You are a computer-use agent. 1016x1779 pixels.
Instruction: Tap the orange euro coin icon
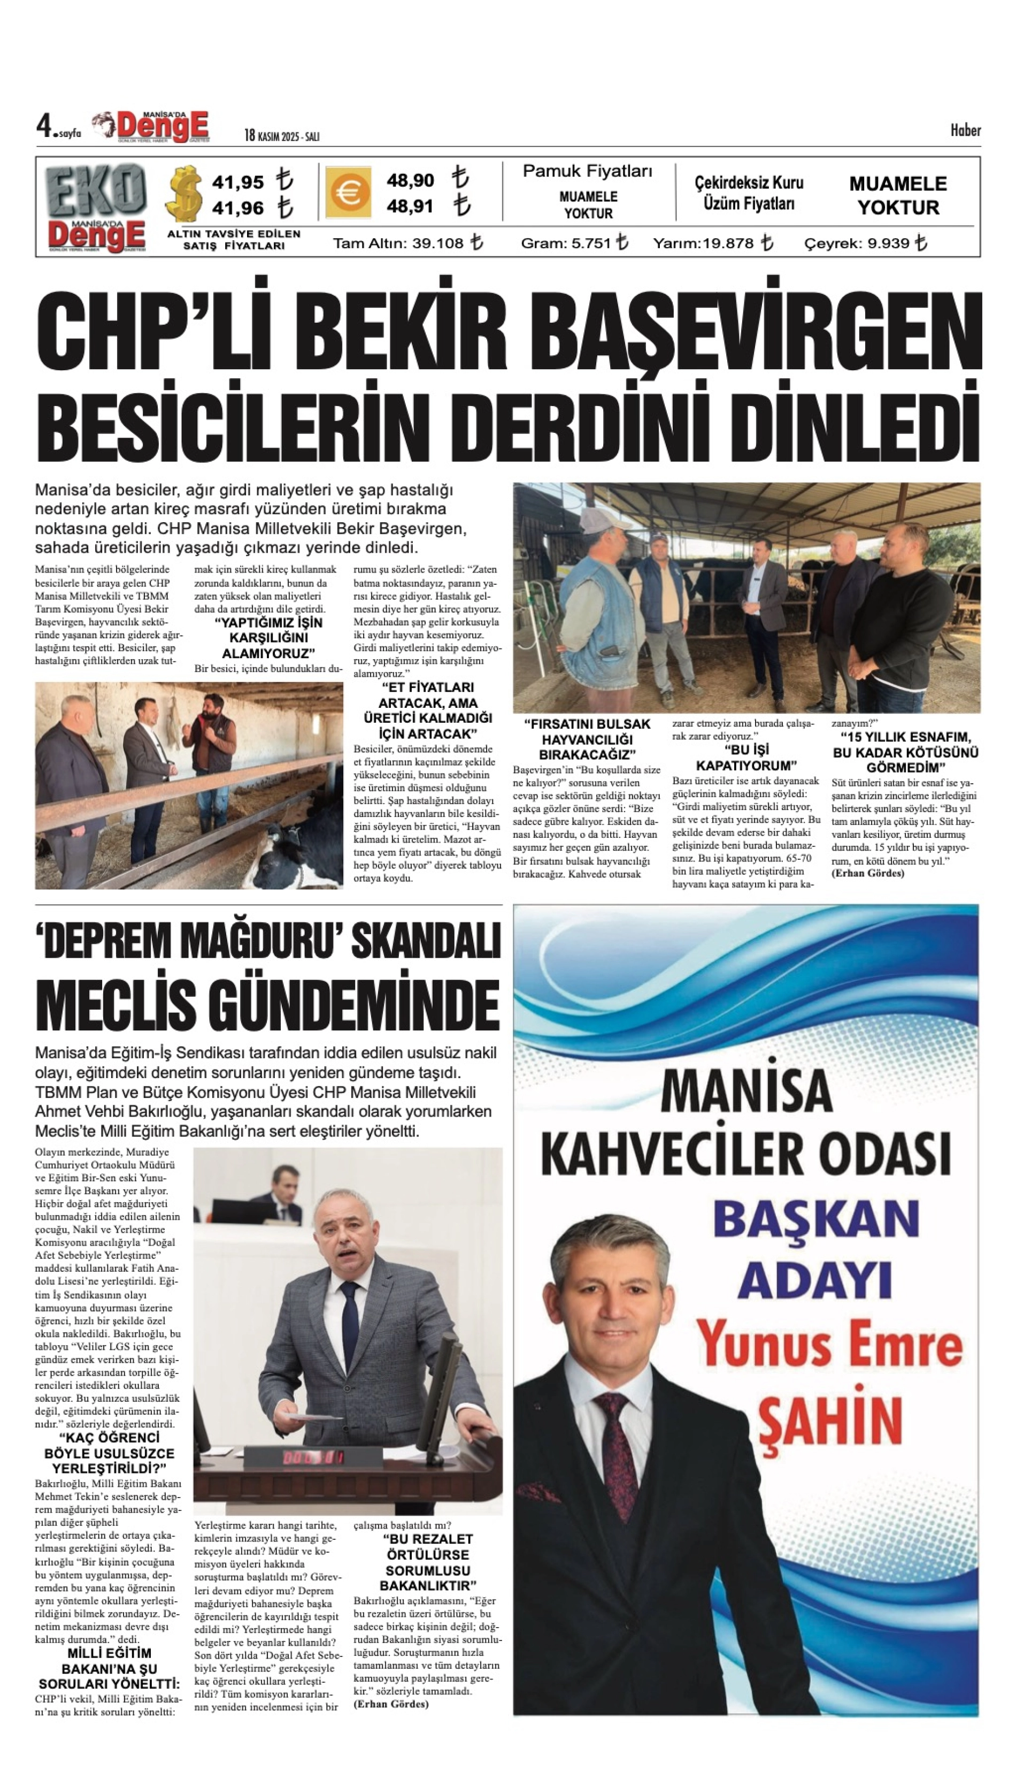[x=348, y=192]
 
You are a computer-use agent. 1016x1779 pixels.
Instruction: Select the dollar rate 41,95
[x=238, y=182]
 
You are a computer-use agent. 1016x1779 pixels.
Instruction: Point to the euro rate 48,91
[x=410, y=207]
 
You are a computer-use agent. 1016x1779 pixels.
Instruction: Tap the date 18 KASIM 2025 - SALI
[x=281, y=136]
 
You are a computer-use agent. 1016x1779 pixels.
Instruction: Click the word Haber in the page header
[x=965, y=131]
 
